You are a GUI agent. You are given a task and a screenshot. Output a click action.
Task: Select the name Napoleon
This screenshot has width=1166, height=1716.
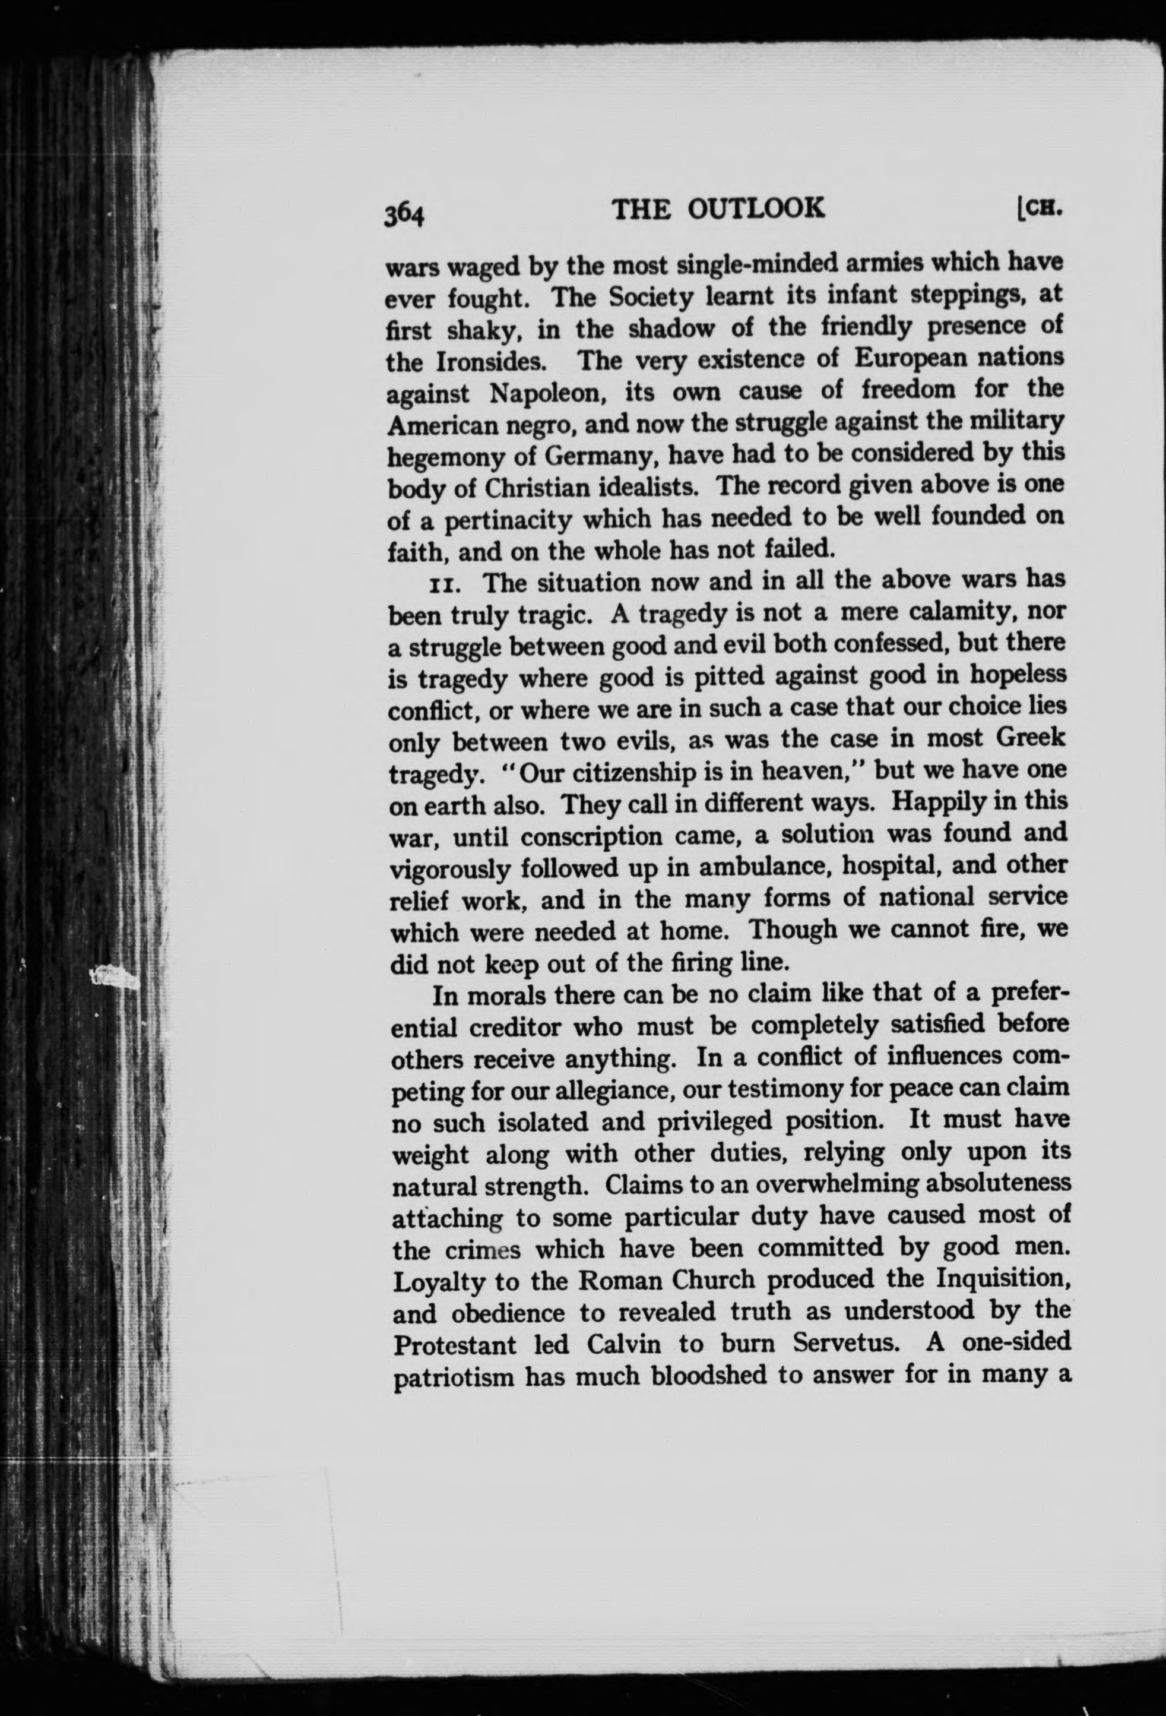point(547,393)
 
